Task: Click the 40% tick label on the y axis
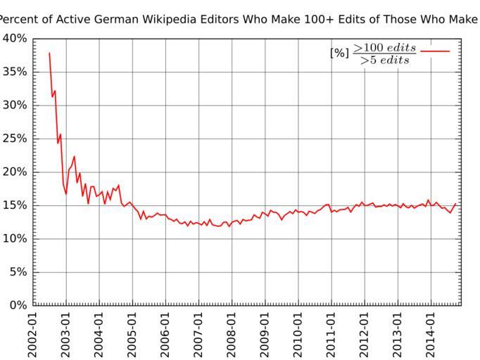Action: (14, 39)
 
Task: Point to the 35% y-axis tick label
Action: (14, 72)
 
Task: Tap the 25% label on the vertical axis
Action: (14, 139)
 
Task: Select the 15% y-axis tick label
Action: (14, 205)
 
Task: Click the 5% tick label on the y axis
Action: (17, 272)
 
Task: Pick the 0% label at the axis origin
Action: (17, 305)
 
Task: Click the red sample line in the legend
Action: (434, 51)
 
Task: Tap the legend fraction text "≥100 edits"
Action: (384, 47)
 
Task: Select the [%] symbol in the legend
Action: (339, 52)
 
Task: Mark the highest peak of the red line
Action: (49, 53)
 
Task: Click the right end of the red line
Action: (456, 204)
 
